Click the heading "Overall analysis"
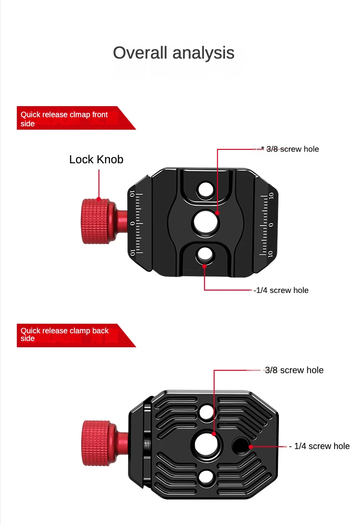coord(174,53)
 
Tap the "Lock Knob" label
coord(96,159)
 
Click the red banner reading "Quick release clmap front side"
coord(76,118)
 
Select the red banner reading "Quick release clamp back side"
coord(76,335)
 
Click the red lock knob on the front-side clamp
coord(96,221)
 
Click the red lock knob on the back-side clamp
coord(97,443)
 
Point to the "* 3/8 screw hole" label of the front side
coord(290,149)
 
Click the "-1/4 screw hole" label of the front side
coord(281,290)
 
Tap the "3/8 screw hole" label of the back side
coord(294,370)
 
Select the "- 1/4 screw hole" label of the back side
coord(320,446)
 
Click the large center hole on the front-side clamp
coord(206,222)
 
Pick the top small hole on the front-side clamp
coord(205,190)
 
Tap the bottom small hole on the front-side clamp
coord(204,255)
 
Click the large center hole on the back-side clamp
coord(207,445)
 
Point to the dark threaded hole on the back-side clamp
coord(240,445)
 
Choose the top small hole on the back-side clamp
coord(206,412)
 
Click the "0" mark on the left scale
coord(132,223)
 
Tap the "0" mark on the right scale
coord(271,225)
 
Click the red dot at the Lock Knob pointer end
coord(99,199)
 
